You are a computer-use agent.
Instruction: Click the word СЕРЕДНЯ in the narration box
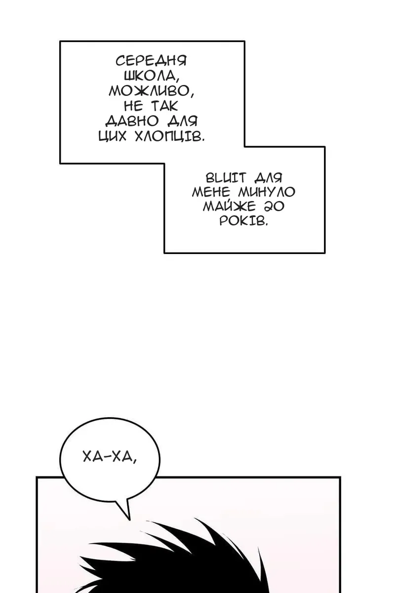coord(151,61)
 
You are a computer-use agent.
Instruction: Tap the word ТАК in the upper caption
coord(164,106)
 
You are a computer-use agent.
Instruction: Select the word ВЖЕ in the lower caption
coord(226,177)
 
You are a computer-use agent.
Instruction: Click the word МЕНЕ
coord(211,192)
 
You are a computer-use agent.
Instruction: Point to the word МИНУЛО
coord(267,192)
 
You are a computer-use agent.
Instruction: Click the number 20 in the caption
coord(274,207)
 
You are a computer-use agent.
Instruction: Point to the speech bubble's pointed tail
coord(129,519)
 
